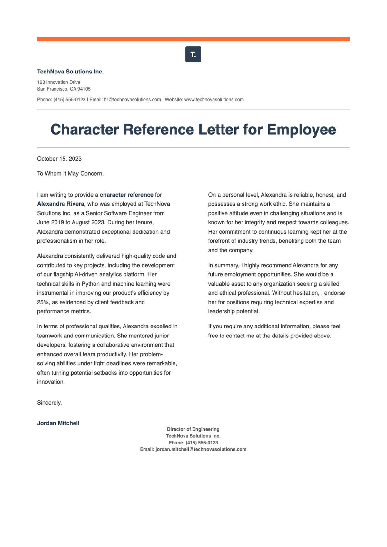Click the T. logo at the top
pos(193,54)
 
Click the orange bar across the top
pos(193,39)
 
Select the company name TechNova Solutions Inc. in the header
pos(70,72)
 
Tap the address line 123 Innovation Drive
pos(59,82)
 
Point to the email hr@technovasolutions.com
pos(132,100)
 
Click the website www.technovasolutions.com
pos(214,100)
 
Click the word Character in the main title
pos(84,130)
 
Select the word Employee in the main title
pos(301,130)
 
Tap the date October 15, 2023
pos(59,159)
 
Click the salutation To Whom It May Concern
pos(70,174)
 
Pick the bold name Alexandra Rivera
pos(61,204)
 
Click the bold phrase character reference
pos(126,195)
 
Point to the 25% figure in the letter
pos(43,302)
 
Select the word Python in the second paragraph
pos(90,284)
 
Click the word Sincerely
pos(49,403)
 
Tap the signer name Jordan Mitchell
pos(58,423)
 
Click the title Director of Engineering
pos(193,429)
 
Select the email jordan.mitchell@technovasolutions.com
pos(201,449)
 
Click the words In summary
pos(223,266)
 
